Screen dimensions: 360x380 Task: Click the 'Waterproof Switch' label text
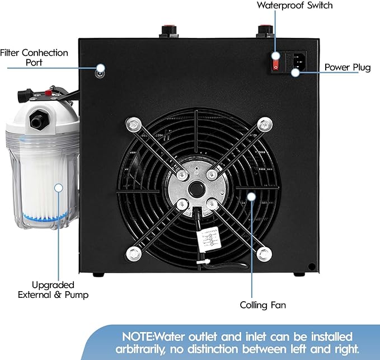pyautogui.click(x=295, y=6)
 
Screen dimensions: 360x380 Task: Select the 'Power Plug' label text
pyautogui.click(x=348, y=68)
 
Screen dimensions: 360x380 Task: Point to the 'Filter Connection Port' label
pyautogui.click(x=34, y=57)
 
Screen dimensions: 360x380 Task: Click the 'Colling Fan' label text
pyautogui.click(x=263, y=305)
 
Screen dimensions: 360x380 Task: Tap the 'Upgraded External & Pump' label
pyautogui.click(x=53, y=290)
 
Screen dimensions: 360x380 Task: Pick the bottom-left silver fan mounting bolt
pyautogui.click(x=133, y=254)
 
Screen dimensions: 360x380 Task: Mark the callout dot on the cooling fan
pyautogui.click(x=251, y=197)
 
